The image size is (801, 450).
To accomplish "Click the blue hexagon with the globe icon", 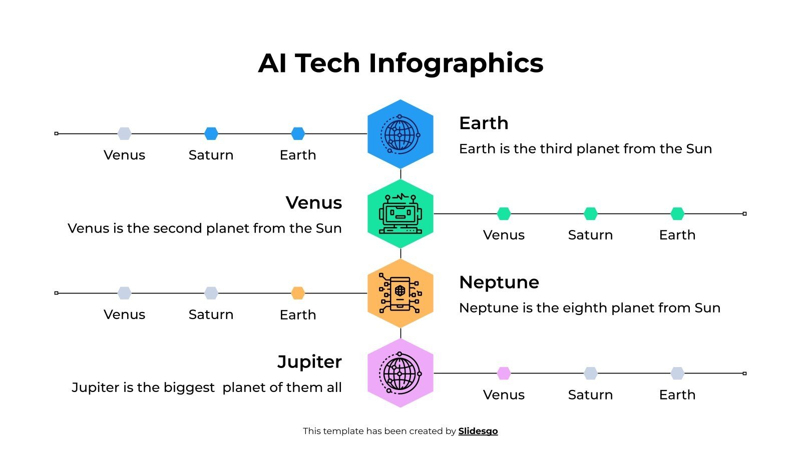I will pyautogui.click(x=400, y=134).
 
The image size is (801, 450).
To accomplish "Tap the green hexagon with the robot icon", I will pyautogui.click(x=400, y=214).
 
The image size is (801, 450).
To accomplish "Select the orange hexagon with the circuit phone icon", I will pyautogui.click(x=400, y=293).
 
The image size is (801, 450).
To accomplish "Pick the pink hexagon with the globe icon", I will pyautogui.click(x=400, y=373).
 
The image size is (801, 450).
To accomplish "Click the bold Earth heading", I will pyautogui.click(x=484, y=123).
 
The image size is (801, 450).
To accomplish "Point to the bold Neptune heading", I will pyautogui.click(x=499, y=282).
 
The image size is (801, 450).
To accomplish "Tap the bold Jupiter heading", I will pyautogui.click(x=309, y=361).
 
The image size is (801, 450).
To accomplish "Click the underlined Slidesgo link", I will pyautogui.click(x=478, y=431).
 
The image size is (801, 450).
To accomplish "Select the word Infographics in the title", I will pyautogui.click(x=456, y=63).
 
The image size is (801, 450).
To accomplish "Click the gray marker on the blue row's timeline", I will pyautogui.click(x=124, y=133).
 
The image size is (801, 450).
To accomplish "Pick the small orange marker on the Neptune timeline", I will pyautogui.click(x=298, y=293).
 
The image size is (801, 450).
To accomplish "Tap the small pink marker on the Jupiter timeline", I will pyautogui.click(x=504, y=373).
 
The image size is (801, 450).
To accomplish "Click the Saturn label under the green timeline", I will pyautogui.click(x=590, y=235).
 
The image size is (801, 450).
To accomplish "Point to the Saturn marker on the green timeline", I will pyautogui.click(x=591, y=213).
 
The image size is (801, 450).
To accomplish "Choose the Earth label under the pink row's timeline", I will pyautogui.click(x=677, y=395).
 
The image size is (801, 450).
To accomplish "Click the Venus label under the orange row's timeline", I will pyautogui.click(x=124, y=314).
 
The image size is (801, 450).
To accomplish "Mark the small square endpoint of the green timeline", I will pyautogui.click(x=744, y=213).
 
